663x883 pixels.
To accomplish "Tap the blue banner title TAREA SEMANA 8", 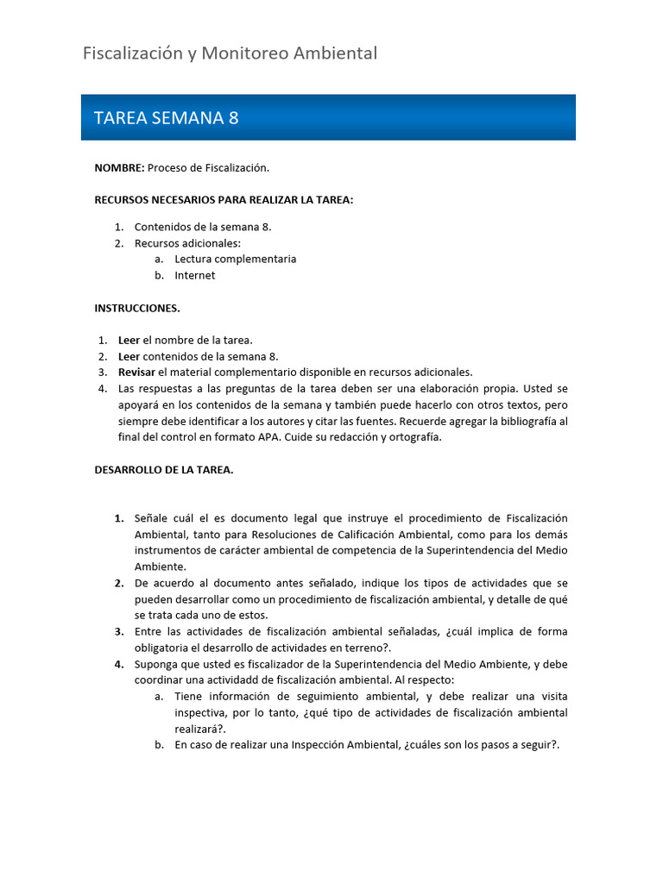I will click(x=166, y=118).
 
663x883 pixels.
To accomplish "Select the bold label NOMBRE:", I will click(x=119, y=167).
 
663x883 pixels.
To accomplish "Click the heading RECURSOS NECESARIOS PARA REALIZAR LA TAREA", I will click(x=224, y=200).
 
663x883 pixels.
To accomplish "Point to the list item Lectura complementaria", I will click(x=235, y=259).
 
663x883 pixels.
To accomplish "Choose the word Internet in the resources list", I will click(x=195, y=275).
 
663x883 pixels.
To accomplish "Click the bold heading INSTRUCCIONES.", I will click(x=137, y=308).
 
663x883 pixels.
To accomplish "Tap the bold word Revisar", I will click(x=136, y=372).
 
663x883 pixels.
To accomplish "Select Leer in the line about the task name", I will click(x=129, y=340).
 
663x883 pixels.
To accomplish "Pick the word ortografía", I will click(x=413, y=437).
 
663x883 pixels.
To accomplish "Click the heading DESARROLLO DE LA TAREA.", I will click(x=164, y=470).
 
